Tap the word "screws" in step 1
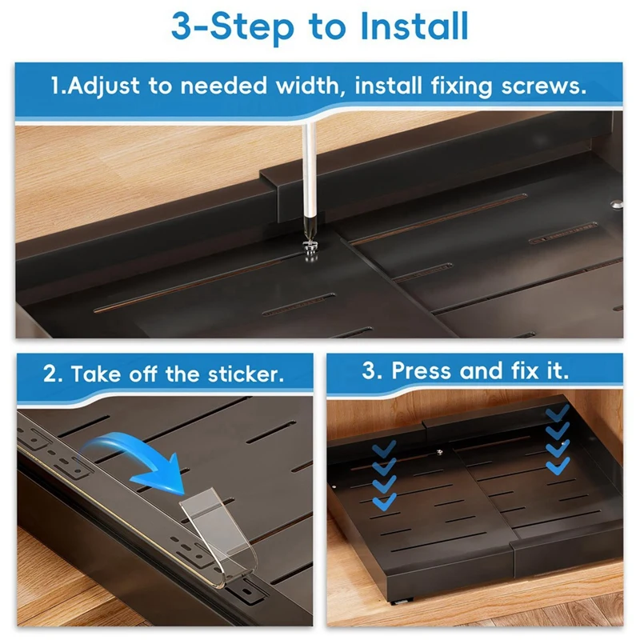(544, 86)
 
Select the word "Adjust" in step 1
(103, 86)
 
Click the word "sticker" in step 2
(246, 374)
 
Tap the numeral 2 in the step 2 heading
(50, 374)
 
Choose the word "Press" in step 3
(422, 370)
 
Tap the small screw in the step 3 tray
(439, 452)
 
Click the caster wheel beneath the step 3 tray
(402, 602)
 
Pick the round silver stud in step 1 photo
(617, 204)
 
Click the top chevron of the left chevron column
(384, 448)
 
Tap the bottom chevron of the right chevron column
(558, 466)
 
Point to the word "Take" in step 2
(96, 374)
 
